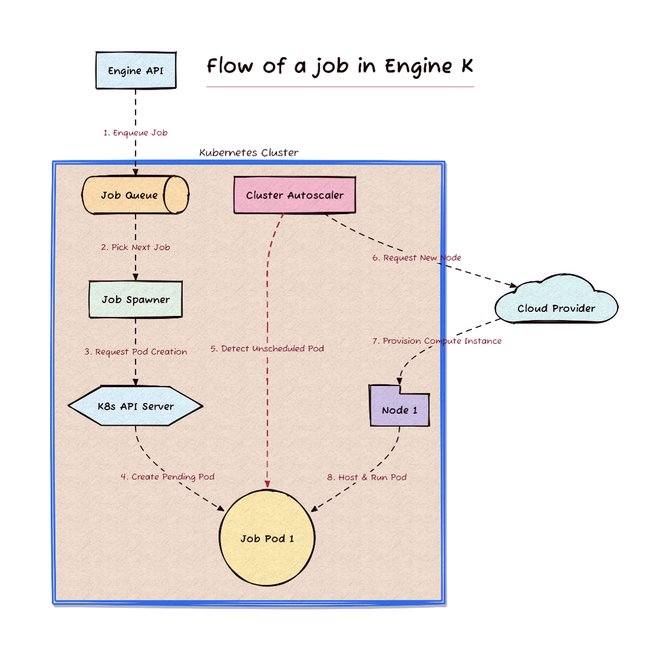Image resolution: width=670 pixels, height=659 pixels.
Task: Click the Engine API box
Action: (136, 71)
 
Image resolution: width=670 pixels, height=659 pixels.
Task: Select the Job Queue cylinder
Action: (136, 195)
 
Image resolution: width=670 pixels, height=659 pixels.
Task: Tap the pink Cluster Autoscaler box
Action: (294, 195)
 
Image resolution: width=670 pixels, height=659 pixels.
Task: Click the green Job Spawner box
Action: (136, 299)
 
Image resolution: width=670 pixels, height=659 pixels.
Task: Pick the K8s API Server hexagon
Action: (136, 406)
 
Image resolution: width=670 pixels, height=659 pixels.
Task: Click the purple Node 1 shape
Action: (399, 406)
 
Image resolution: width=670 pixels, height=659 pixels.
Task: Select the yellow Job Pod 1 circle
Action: (267, 537)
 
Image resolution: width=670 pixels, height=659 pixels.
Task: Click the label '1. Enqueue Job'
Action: (136, 133)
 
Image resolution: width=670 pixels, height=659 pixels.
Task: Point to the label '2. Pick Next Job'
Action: (136, 248)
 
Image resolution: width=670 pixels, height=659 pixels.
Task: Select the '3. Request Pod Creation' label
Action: (136, 352)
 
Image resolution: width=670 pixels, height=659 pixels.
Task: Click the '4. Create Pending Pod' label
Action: (167, 477)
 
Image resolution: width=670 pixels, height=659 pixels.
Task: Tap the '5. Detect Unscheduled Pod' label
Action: (267, 348)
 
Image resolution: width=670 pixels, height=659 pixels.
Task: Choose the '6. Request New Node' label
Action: (416, 258)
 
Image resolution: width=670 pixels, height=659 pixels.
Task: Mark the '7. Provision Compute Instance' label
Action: (436, 341)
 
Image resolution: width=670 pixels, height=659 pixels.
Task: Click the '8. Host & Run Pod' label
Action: (367, 477)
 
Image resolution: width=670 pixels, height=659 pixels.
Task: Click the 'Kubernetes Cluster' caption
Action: (249, 153)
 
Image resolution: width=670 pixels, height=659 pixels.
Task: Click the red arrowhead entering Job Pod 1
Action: (268, 484)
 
